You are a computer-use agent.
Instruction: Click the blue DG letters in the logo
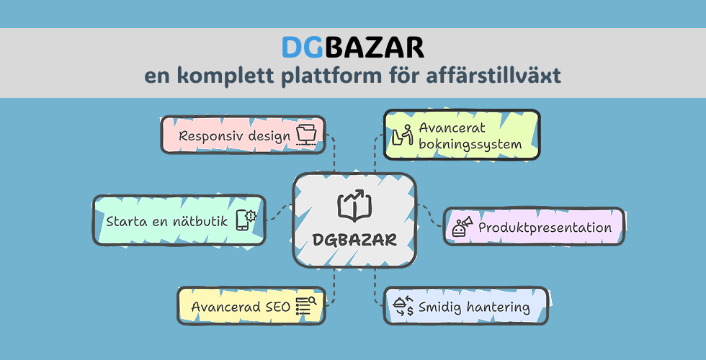click(x=303, y=48)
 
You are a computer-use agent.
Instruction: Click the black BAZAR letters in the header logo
click(x=374, y=48)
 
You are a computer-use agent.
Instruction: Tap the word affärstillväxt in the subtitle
click(x=493, y=76)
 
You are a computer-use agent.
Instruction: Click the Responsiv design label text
click(x=235, y=135)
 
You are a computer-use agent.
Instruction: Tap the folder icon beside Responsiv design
click(x=307, y=135)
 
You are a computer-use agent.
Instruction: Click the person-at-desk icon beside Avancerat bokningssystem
click(x=403, y=135)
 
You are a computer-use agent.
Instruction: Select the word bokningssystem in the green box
click(x=470, y=145)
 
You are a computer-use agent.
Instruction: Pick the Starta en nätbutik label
click(x=167, y=221)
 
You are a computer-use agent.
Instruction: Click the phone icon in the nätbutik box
click(x=246, y=220)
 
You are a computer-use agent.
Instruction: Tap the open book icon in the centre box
click(x=354, y=205)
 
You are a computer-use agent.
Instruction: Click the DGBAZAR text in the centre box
click(x=354, y=240)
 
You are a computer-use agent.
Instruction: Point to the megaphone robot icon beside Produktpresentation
click(x=463, y=226)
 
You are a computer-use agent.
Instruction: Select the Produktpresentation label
click(x=545, y=228)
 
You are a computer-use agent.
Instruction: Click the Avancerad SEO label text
click(x=241, y=307)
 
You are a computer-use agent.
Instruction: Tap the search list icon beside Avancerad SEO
click(x=306, y=306)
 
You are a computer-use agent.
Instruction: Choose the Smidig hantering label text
click(x=474, y=307)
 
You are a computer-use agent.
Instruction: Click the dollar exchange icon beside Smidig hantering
click(x=403, y=306)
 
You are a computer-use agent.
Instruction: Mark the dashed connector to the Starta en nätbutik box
click(x=280, y=212)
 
